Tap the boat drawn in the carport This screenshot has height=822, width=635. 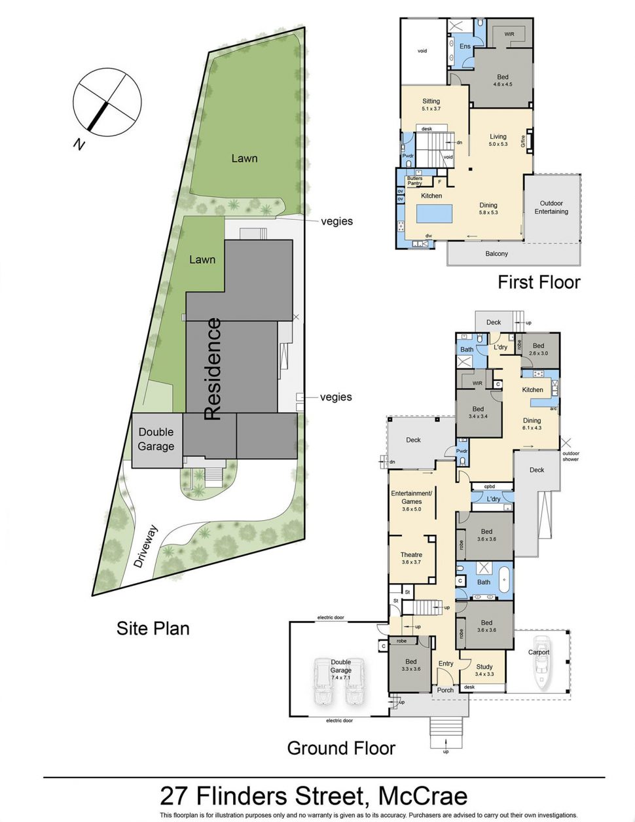[541, 662]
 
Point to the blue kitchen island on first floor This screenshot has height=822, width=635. [434, 213]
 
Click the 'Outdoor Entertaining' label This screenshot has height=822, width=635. [551, 207]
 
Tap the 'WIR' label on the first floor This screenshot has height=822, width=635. [509, 34]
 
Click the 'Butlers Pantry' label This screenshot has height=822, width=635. [414, 181]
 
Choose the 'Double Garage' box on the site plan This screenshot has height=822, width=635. [156, 440]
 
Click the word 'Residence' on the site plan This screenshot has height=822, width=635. [213, 369]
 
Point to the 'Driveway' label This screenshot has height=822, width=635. [146, 546]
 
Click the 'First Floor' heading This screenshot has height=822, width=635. [539, 282]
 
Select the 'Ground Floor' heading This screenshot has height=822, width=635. [341, 748]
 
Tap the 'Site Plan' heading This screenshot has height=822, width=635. [153, 628]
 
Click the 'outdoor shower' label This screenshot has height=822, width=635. [570, 456]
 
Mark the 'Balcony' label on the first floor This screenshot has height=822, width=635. [497, 253]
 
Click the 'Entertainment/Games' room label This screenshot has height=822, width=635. [411, 497]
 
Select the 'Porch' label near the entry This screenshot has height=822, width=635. [445, 690]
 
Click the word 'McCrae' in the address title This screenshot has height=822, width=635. [424, 796]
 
